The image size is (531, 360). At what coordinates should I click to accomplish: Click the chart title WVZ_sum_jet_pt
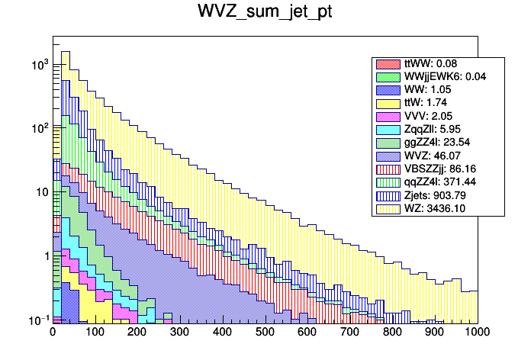coord(265,14)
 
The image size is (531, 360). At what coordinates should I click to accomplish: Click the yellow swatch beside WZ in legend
coord(388,208)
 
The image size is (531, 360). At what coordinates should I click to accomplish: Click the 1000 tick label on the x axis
coord(477,333)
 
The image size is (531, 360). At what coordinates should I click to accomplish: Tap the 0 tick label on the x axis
coord(53,333)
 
